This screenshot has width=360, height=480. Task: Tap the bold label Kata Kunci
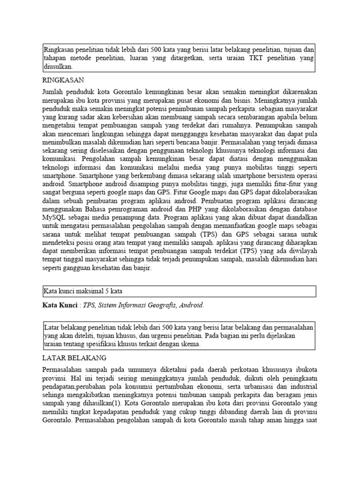pos(60,305)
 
